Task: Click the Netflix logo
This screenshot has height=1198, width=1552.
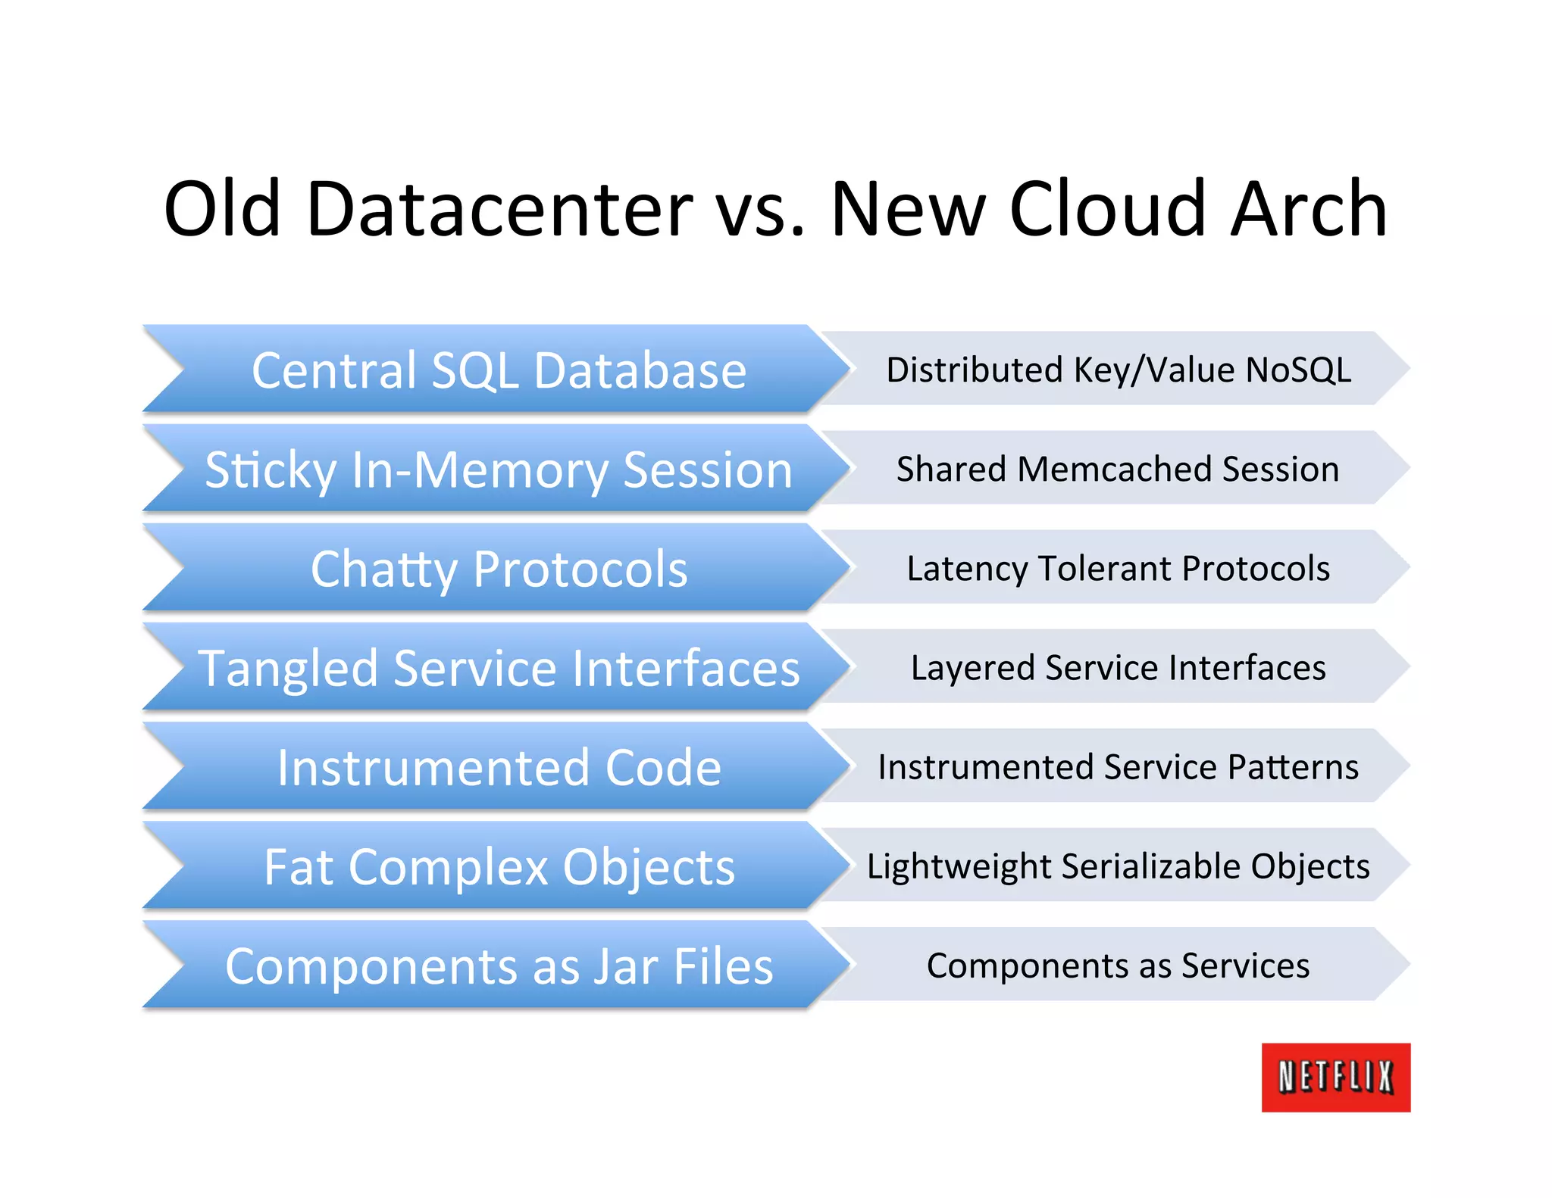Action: click(x=1335, y=1077)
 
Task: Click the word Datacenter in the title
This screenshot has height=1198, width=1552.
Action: click(x=499, y=209)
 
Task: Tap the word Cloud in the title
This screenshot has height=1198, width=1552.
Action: click(x=1107, y=209)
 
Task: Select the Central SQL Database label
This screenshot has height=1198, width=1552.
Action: click(x=499, y=371)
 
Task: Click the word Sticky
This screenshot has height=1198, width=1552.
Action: click(x=270, y=470)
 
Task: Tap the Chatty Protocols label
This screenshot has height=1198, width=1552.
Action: click(x=499, y=569)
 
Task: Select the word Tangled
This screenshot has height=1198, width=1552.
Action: click(x=288, y=669)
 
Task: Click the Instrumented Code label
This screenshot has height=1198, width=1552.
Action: click(x=499, y=768)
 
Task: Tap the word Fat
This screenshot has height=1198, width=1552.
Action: click(x=299, y=867)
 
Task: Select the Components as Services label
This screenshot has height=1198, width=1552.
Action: click(x=1118, y=966)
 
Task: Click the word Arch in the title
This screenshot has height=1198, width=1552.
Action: click(x=1308, y=209)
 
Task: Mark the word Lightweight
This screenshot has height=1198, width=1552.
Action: click(x=959, y=867)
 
